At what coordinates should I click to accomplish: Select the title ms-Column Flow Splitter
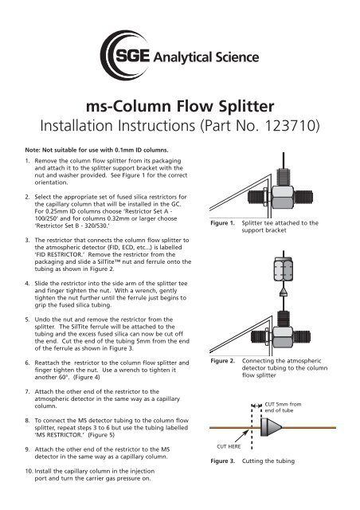[x=180, y=109]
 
